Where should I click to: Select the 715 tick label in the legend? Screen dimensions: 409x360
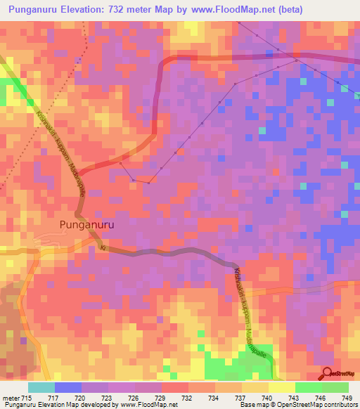[25, 398]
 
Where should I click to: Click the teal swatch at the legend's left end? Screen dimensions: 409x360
[41, 387]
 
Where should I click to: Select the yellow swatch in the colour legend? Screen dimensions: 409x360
[281, 387]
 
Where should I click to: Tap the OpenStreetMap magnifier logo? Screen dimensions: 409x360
[328, 374]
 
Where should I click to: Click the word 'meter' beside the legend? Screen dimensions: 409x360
[10, 398]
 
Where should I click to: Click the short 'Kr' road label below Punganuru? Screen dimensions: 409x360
[103, 249]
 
